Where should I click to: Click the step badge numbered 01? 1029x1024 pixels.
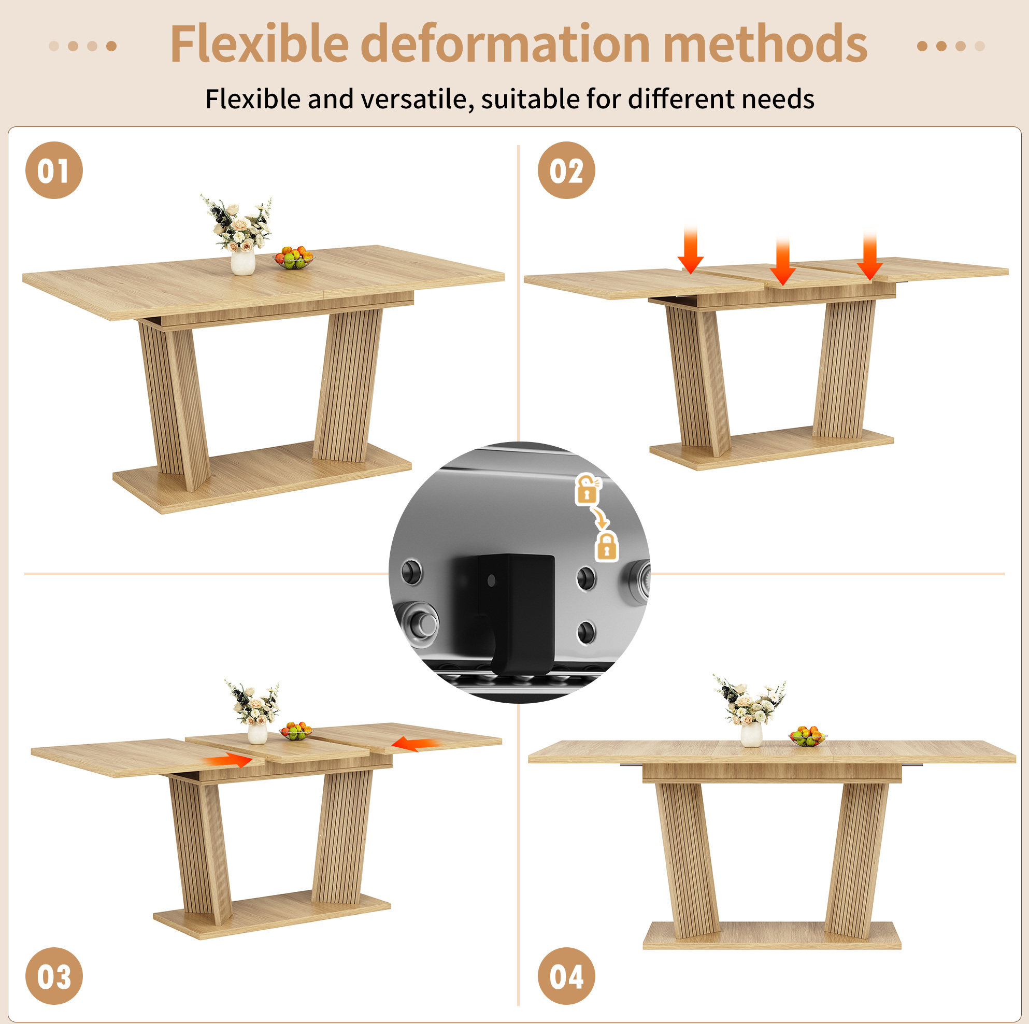(x=54, y=170)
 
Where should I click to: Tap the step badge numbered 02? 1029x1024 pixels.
(x=566, y=170)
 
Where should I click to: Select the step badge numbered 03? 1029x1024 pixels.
(x=54, y=976)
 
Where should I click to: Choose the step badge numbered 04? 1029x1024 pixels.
(x=566, y=976)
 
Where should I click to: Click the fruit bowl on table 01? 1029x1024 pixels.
(x=293, y=258)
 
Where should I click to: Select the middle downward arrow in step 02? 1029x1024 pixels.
(x=782, y=261)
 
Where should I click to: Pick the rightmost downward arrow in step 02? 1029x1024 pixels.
(x=870, y=255)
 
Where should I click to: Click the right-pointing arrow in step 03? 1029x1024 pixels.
(x=230, y=760)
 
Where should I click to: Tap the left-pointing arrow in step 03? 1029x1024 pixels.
(x=416, y=744)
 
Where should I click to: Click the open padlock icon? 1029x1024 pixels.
(x=588, y=489)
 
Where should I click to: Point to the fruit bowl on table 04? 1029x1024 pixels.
(x=807, y=736)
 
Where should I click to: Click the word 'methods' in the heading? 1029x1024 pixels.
(x=765, y=44)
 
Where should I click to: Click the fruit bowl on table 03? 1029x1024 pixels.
(x=296, y=731)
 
